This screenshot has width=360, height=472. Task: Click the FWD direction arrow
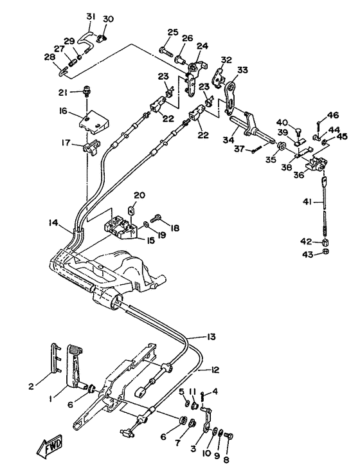click(49, 445)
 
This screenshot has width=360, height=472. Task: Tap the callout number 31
click(91, 17)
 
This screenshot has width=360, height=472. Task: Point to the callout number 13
click(212, 336)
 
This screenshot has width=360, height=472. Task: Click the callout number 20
click(139, 195)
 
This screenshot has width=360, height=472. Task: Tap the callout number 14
click(53, 222)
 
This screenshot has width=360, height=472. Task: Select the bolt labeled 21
click(87, 91)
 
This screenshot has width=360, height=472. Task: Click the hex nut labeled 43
click(325, 251)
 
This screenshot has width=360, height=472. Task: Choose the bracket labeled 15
click(120, 230)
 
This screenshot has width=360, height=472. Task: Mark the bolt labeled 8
click(230, 436)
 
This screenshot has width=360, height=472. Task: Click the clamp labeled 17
click(91, 147)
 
